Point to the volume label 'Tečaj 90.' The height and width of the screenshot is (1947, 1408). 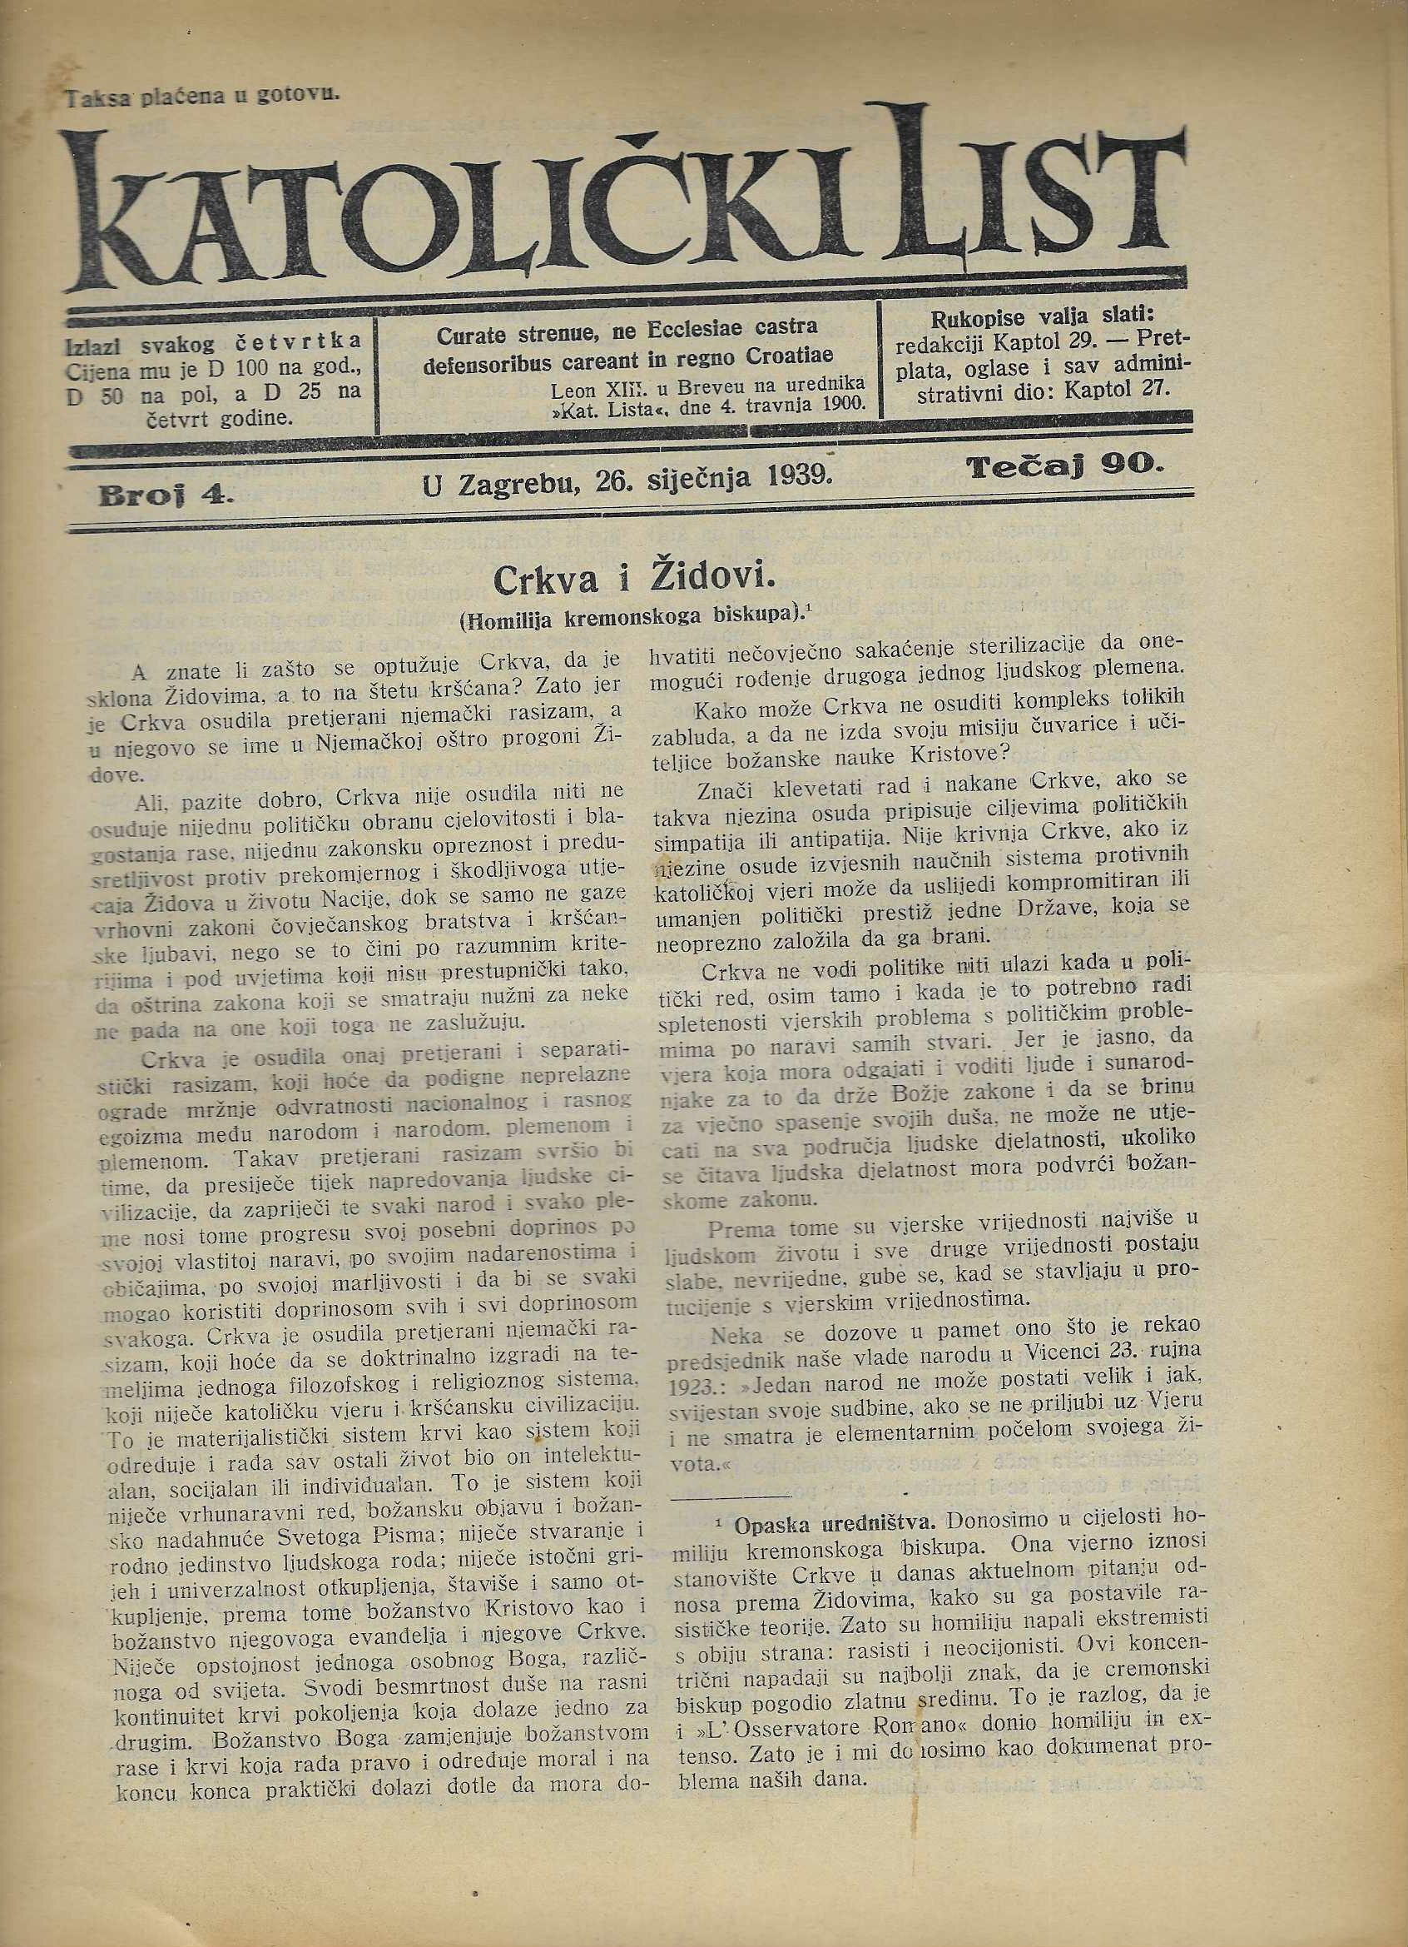1064,469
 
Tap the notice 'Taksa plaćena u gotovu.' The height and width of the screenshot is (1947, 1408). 202,96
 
